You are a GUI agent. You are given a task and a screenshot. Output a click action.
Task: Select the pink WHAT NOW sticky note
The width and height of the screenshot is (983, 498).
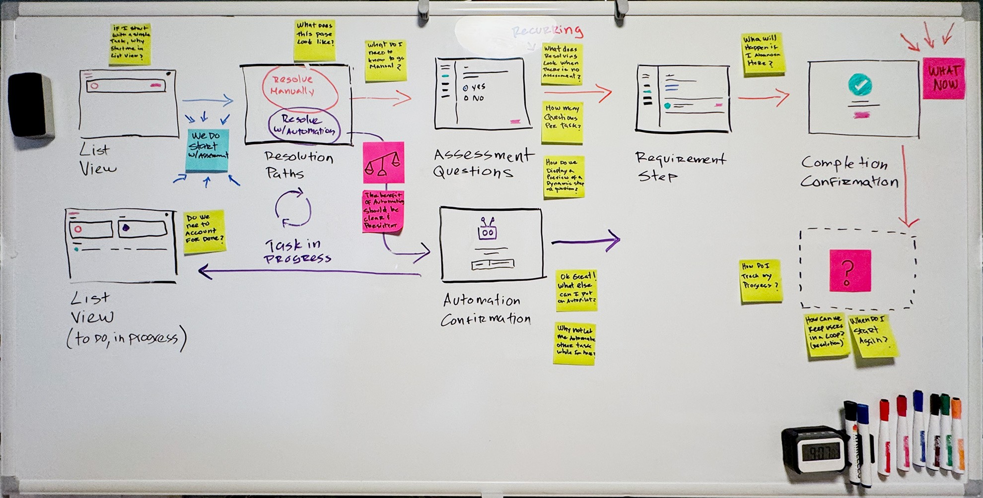(944, 78)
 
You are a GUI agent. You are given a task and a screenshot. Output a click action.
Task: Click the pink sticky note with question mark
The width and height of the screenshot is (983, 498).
(849, 270)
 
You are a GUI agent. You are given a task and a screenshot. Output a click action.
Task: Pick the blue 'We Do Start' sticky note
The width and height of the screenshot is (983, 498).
(208, 150)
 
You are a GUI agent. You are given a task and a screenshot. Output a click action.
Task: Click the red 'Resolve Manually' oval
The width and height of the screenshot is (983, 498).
(299, 87)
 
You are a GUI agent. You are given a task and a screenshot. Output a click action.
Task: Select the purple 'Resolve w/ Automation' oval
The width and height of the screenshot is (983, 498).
(304, 125)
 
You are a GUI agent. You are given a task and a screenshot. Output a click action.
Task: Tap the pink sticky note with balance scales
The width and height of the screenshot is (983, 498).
(383, 162)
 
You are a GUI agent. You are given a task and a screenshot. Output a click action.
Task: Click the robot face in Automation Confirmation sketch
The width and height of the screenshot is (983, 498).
(487, 231)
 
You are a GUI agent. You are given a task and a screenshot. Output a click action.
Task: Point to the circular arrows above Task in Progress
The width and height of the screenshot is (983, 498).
(293, 209)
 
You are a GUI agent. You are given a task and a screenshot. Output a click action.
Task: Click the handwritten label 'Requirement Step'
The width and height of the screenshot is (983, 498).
(679, 167)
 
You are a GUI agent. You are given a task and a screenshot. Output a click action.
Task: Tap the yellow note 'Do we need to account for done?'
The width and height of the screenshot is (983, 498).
(204, 232)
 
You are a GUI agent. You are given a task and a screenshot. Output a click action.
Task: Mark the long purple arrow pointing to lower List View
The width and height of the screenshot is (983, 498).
(308, 272)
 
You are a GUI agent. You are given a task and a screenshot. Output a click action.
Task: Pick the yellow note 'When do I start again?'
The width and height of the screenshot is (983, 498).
(873, 335)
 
